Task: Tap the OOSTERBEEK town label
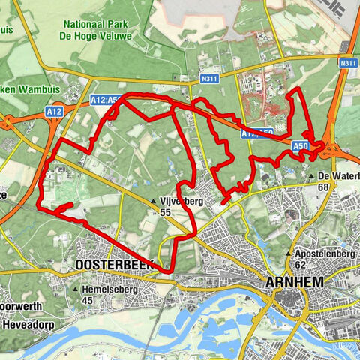pos(113,265)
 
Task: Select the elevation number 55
pos(164,212)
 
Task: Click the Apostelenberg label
pos(328,253)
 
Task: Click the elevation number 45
pos(88,301)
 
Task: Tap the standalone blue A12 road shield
pos(54,112)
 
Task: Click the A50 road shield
pos(300,146)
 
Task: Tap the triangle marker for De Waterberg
pos(311,176)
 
